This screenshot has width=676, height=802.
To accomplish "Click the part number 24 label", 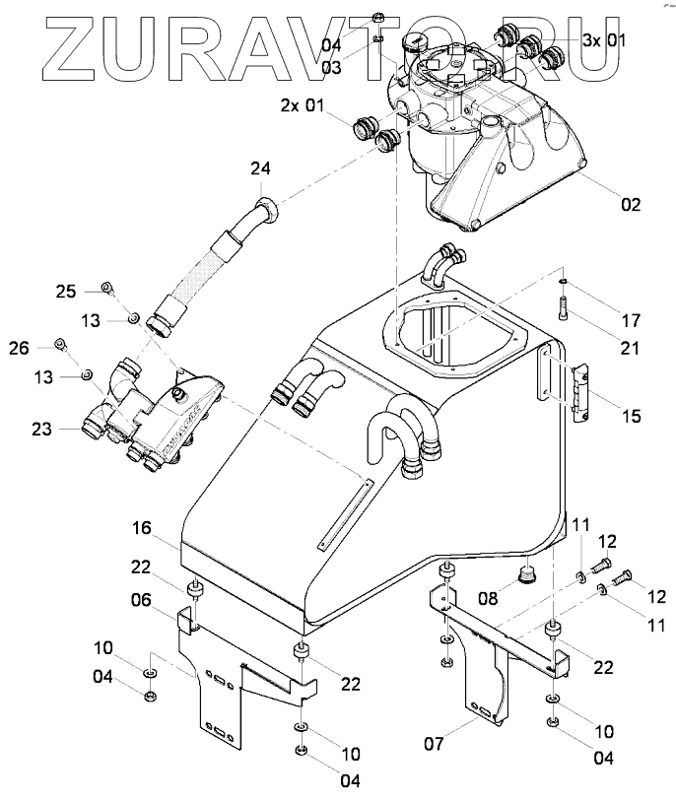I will point(259,169).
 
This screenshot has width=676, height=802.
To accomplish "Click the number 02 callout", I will point(630,205).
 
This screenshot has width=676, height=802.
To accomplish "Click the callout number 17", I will point(631,320).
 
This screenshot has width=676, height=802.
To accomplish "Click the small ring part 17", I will point(561,281).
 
